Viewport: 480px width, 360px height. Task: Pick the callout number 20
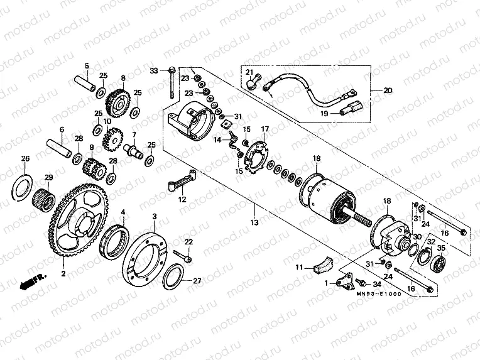[388, 90]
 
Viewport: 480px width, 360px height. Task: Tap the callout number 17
[265, 129]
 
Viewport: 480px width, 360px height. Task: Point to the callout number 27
[197, 281]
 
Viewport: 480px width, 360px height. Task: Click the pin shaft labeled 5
[86, 82]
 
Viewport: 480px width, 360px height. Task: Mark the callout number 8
[123, 79]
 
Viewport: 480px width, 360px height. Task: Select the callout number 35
[440, 249]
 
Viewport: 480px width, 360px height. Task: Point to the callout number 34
[376, 283]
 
